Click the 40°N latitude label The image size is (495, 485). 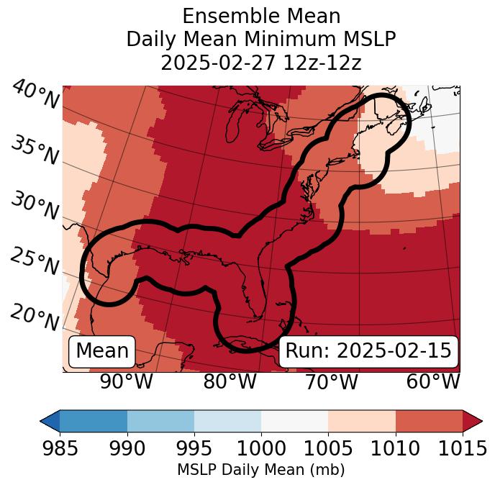pos(35,96)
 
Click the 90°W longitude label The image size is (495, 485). pos(126,381)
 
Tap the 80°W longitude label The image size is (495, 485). pos(230,381)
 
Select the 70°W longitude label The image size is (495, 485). pos(331,381)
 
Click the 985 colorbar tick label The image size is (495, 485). pos(60,448)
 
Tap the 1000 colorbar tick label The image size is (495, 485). pos(261,448)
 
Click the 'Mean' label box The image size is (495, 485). pos(102,351)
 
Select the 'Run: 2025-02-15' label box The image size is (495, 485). pos(368,351)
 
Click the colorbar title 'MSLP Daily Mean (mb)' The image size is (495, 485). pos(261,470)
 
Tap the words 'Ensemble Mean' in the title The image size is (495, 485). pos(261,16)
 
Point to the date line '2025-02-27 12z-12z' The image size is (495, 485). pos(261,63)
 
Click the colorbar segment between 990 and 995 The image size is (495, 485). pos(160,420)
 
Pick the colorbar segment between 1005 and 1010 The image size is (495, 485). pos(362,420)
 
